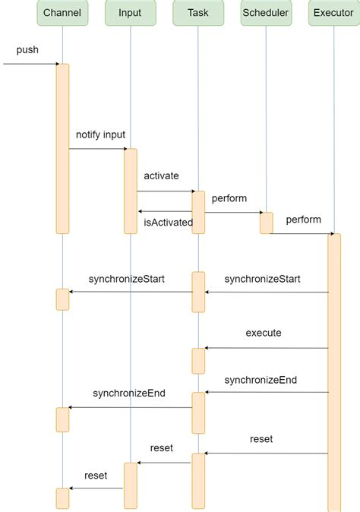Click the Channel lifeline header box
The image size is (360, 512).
tap(62, 13)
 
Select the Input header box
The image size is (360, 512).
tap(130, 13)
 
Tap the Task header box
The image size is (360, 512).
tap(197, 13)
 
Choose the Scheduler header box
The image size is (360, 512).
tap(266, 13)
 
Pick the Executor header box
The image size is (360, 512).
tap(333, 13)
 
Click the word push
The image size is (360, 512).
tap(27, 50)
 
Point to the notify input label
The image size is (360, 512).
tap(100, 134)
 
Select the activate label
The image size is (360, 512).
tap(161, 175)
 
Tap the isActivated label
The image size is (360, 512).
tap(168, 223)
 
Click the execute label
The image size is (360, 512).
tap(264, 333)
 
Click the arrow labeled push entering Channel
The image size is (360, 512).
tap(30, 64)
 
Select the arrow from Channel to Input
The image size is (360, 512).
tap(97, 149)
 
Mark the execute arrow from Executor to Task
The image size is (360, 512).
tap(266, 348)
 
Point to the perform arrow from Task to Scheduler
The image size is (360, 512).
tap(232, 213)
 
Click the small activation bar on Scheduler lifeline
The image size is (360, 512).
tap(266, 223)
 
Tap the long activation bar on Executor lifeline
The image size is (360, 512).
tap(334, 372)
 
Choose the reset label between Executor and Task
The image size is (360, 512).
tap(261, 439)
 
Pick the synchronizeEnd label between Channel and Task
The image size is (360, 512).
tap(129, 393)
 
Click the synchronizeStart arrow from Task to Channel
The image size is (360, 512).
tap(130, 292)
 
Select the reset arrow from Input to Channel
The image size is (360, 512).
tap(96, 488)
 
